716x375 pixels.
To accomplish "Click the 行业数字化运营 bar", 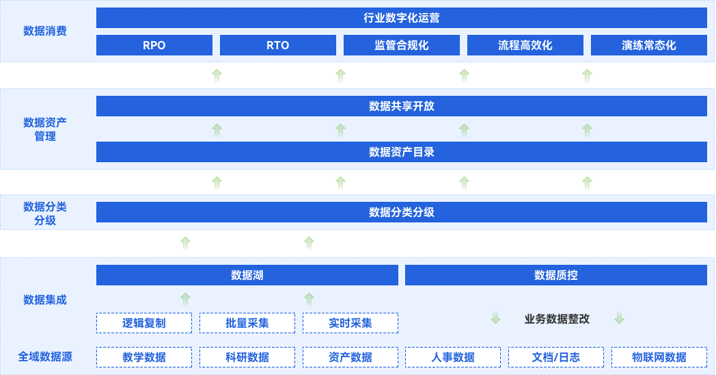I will pyautogui.click(x=401, y=18).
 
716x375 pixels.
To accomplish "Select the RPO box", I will pyautogui.click(x=154, y=45).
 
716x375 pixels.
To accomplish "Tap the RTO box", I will pyautogui.click(x=278, y=45).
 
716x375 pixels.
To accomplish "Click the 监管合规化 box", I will pyautogui.click(x=402, y=45).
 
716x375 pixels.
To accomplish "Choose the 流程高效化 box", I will pyautogui.click(x=525, y=45).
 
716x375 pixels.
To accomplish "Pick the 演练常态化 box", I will pyautogui.click(x=649, y=45).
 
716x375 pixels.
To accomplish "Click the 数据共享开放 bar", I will pyautogui.click(x=401, y=106).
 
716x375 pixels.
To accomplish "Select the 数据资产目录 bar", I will pyautogui.click(x=401, y=152).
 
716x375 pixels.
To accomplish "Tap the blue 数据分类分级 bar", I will pyautogui.click(x=401, y=212).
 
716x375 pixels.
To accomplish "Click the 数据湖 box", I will pyautogui.click(x=247, y=275).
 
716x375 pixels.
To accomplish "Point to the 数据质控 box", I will pyautogui.click(x=556, y=275).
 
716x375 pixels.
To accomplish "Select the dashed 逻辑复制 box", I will pyautogui.click(x=144, y=323).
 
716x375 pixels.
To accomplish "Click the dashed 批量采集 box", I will pyautogui.click(x=247, y=323).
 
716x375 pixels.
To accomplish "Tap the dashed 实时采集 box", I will pyautogui.click(x=350, y=323).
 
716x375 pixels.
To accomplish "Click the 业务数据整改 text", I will pyautogui.click(x=557, y=319).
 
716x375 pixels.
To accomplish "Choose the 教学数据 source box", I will pyautogui.click(x=144, y=357).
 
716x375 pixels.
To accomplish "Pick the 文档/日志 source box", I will pyautogui.click(x=556, y=357).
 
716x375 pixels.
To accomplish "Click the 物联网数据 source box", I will pyautogui.click(x=659, y=357).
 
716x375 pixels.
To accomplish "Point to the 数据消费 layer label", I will pyautogui.click(x=45, y=31).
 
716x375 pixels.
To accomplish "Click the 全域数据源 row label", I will pyautogui.click(x=45, y=357).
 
